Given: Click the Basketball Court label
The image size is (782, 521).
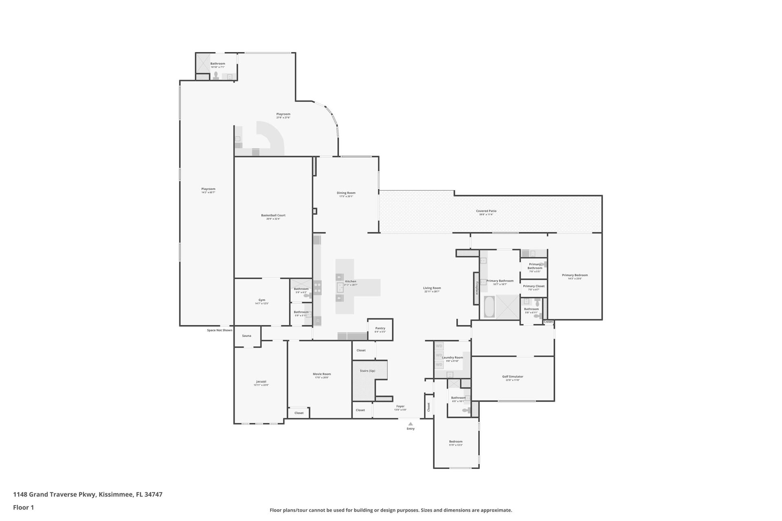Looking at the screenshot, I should pos(273,215).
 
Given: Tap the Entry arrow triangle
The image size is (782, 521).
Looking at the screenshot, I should pos(411,424).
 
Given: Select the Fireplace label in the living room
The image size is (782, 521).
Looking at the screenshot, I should pos(477,288).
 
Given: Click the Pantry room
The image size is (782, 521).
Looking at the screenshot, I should pos(380,329).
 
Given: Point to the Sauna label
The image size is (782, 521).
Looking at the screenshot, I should pos(246,336).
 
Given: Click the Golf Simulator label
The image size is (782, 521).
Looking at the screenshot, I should pos(512,377).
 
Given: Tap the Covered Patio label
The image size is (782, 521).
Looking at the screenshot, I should pos(486,211).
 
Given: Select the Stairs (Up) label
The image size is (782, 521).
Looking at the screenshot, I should pos(367,371).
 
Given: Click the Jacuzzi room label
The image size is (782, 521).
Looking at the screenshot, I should pos(261,381).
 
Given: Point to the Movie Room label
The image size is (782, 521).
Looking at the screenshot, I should pos(321,374).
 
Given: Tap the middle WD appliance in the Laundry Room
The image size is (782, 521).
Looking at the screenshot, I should pos(439,355).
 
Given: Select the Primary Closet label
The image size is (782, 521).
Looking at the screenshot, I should pos(534,286).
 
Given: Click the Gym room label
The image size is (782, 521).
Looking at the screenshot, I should pos(261,300).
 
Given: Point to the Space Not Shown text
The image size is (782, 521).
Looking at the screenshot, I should pos(219,330).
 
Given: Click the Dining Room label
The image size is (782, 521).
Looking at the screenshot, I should pos(346,193).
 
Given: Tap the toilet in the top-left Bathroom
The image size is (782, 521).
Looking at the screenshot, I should pos(216,76).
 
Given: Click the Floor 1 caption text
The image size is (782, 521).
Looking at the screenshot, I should pos(23,507).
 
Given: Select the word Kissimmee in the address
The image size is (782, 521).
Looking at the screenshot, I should pos(116,495).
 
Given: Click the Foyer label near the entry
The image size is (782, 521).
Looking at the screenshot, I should pos(400,406).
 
